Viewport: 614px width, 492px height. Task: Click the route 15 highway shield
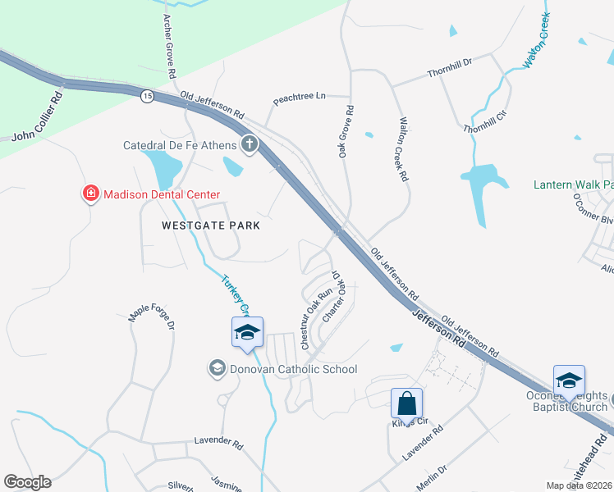tap(147, 97)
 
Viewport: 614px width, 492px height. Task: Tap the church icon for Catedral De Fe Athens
tap(249, 146)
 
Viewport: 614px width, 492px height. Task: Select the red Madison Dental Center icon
tap(90, 194)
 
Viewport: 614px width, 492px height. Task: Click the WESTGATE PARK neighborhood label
tap(211, 225)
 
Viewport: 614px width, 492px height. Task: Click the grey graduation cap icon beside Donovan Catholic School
tap(218, 368)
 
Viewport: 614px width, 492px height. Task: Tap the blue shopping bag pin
tap(406, 404)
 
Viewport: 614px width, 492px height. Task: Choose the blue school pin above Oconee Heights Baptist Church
tap(569, 381)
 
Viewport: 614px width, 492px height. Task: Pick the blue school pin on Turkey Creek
tap(247, 333)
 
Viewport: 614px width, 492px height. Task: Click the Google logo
tap(27, 482)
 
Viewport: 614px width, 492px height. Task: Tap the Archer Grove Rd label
tap(169, 46)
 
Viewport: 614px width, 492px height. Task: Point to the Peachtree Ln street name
tap(300, 97)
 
